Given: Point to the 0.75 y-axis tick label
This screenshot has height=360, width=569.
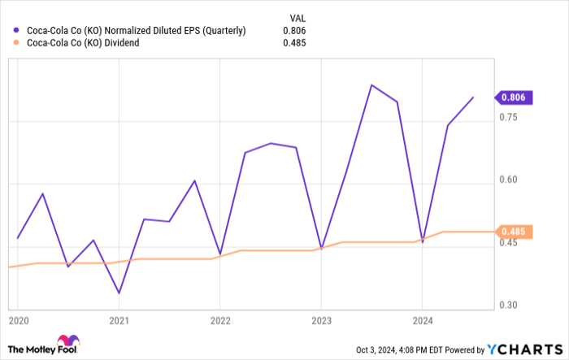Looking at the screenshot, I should pos(510,117).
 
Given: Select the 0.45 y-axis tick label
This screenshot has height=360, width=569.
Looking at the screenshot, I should pos(510,243).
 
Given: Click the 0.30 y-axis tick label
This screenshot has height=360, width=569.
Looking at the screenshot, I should pos(510,305).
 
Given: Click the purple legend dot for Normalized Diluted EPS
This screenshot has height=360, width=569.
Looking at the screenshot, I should pos(18,31).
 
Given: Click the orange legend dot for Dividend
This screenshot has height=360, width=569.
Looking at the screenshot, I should pos(18,43).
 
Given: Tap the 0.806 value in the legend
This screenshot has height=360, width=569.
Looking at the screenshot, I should pos(293,31).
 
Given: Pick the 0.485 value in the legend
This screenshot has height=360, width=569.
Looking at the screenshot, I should pos(293,43).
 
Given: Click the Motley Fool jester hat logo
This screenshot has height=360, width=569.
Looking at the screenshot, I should pos(64,341).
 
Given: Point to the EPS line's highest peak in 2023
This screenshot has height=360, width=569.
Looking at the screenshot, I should pos(371,85).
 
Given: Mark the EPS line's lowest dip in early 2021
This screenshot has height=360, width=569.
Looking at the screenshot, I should pos(119,293).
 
